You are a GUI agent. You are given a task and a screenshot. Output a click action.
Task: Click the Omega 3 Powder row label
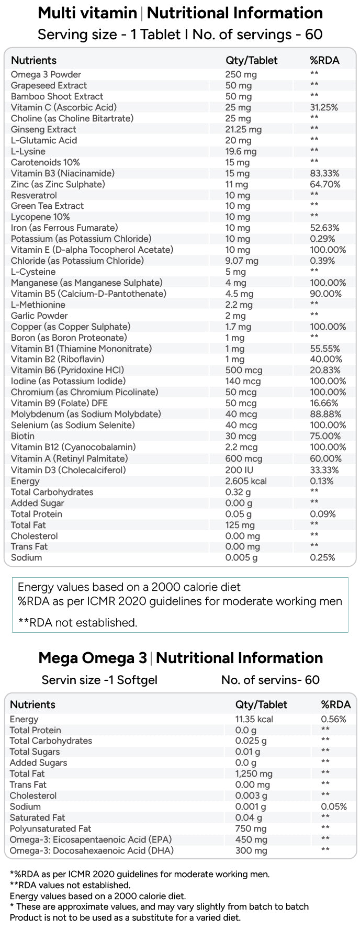(x=46, y=74)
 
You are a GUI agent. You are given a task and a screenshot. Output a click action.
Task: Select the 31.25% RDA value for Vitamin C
(x=324, y=107)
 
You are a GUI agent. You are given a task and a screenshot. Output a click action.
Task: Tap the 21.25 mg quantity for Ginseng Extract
(x=243, y=129)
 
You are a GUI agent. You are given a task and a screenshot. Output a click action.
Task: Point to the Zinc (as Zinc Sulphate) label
(x=58, y=184)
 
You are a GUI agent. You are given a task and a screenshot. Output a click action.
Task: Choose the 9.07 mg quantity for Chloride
(x=242, y=261)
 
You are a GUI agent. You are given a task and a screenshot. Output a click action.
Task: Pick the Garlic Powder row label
(x=39, y=316)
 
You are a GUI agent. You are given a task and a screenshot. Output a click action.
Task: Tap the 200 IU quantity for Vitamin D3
(x=239, y=470)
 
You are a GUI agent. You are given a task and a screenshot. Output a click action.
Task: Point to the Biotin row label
(x=22, y=436)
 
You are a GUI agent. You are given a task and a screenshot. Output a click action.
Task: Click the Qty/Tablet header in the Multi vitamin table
(x=252, y=60)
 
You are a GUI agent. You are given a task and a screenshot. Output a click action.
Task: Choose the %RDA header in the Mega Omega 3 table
(x=336, y=704)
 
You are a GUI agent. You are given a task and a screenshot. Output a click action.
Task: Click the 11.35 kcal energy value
(x=254, y=719)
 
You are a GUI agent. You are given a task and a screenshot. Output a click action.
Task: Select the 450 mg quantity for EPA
(x=251, y=839)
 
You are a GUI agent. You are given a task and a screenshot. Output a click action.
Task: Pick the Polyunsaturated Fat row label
(x=50, y=828)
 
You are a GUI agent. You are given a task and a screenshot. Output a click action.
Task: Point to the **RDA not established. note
(x=77, y=622)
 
